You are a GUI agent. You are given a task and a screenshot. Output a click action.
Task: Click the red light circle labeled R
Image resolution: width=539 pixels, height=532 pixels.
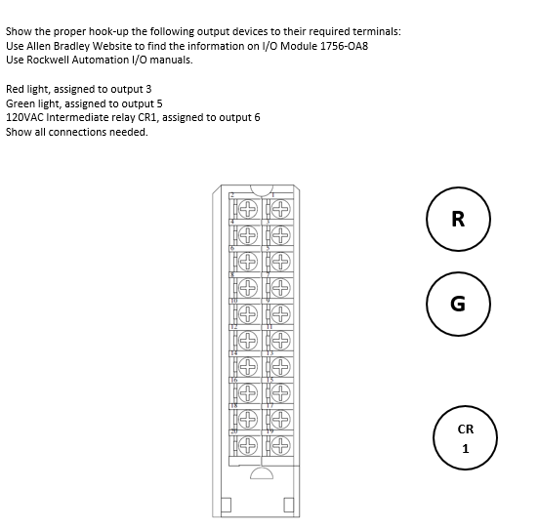tap(458, 220)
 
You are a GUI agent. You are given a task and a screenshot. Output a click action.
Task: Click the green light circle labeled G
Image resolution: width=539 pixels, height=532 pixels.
tap(458, 304)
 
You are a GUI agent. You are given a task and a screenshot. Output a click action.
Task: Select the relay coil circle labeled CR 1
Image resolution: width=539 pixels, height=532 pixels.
tap(465, 439)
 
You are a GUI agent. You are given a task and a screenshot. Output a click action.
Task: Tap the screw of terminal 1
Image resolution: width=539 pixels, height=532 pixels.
tap(280, 209)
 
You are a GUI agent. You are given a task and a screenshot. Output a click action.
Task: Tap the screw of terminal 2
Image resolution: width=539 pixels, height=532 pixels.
tap(248, 209)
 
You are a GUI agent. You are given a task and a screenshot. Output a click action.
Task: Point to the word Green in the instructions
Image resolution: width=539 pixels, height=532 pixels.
tap(21, 102)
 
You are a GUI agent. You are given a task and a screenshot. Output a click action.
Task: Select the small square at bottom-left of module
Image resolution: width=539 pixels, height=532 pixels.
tap(224, 505)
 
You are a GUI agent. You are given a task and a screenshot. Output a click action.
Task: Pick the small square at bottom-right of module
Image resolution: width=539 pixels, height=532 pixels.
tap(289, 505)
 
